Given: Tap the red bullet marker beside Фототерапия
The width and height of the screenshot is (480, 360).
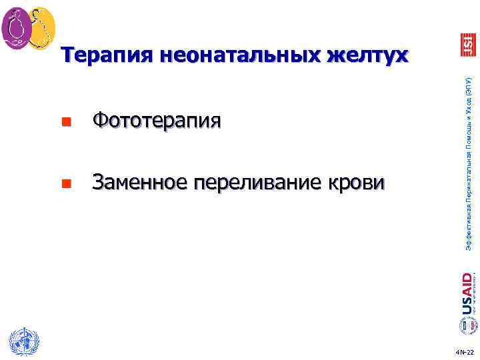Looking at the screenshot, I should (65, 122).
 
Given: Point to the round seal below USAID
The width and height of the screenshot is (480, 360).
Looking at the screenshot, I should (467, 325).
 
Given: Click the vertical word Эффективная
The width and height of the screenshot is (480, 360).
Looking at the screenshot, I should (469, 229).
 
